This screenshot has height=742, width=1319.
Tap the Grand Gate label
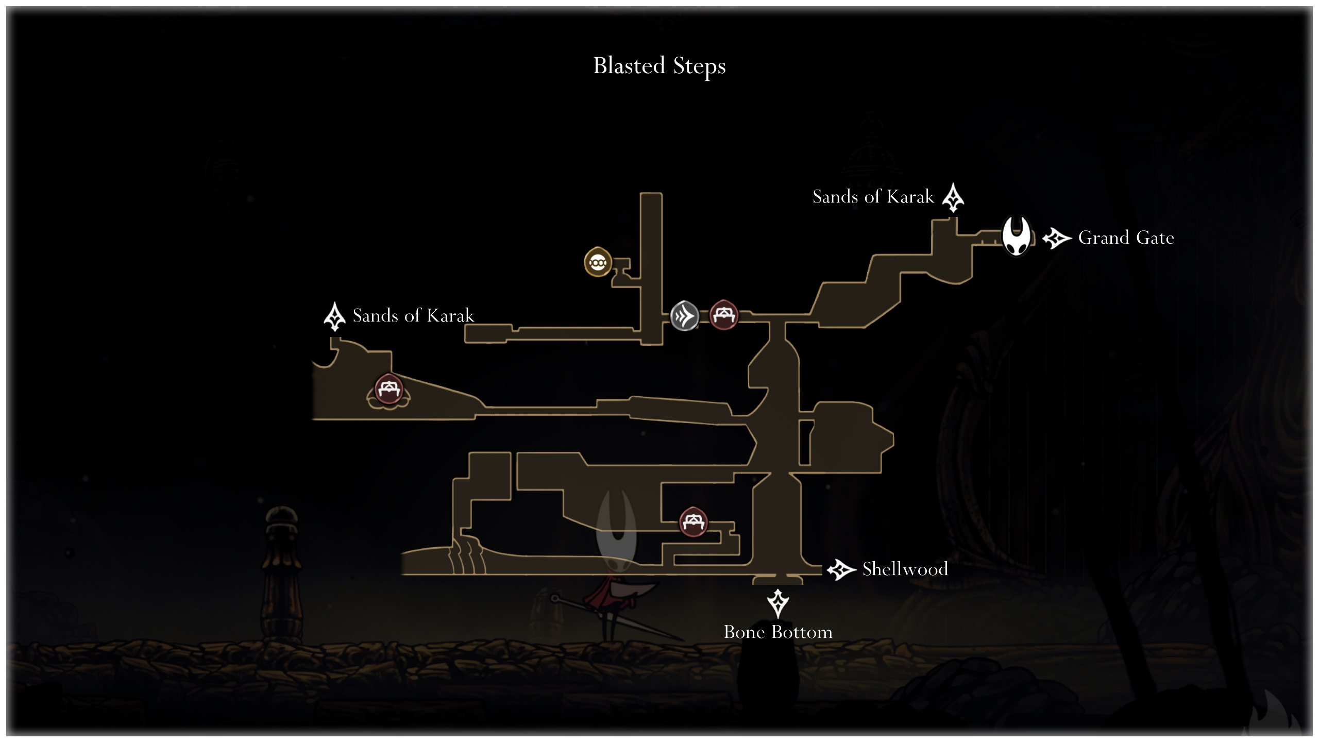(x=1126, y=238)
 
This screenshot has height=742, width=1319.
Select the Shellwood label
(x=905, y=569)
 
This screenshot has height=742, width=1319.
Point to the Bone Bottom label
(x=778, y=632)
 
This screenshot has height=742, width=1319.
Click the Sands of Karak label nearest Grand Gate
(x=873, y=196)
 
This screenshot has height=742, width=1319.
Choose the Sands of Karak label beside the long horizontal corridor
(x=413, y=315)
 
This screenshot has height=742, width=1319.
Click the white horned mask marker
(x=1016, y=235)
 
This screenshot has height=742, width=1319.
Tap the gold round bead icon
(x=598, y=262)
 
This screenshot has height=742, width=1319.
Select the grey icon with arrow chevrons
(x=685, y=316)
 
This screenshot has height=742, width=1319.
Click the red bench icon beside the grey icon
(x=724, y=315)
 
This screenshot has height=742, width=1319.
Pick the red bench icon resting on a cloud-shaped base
(x=388, y=390)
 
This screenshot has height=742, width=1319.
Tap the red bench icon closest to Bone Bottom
(x=693, y=522)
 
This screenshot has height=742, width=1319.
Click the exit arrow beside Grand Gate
(x=1057, y=238)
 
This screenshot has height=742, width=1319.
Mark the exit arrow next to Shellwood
(x=842, y=569)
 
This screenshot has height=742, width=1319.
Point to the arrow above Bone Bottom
(x=778, y=603)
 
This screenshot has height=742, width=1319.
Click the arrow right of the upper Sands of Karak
(x=953, y=197)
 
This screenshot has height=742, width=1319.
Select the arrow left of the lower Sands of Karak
(x=334, y=316)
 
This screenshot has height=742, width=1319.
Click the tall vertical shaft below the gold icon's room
(x=651, y=268)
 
